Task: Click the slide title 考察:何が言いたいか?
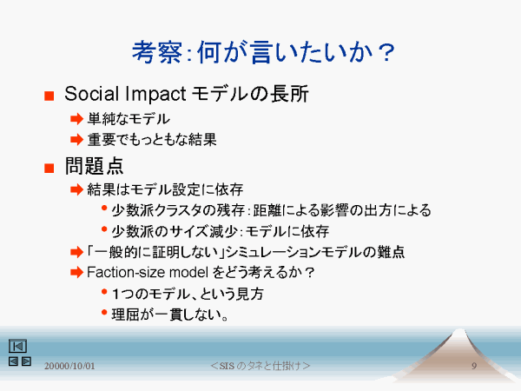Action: click(263, 52)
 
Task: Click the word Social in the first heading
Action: click(91, 94)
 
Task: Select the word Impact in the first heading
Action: click(155, 94)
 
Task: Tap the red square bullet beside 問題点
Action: click(49, 168)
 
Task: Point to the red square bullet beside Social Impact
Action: click(49, 96)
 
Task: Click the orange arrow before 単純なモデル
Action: click(76, 119)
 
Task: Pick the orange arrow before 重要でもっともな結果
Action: click(76, 139)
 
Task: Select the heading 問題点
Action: click(94, 166)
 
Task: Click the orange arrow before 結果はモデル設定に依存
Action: click(76, 189)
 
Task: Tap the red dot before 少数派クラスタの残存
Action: click(104, 209)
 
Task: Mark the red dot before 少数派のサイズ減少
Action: click(104, 229)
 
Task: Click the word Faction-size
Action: click(126, 272)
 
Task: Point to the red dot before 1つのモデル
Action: click(104, 292)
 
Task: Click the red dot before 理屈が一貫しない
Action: click(104, 312)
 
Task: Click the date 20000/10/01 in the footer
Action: click(69, 366)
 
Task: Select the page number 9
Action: click(474, 366)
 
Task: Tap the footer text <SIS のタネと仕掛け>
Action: click(260, 366)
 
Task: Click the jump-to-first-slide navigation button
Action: click(17, 346)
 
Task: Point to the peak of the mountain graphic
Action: click(459, 329)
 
